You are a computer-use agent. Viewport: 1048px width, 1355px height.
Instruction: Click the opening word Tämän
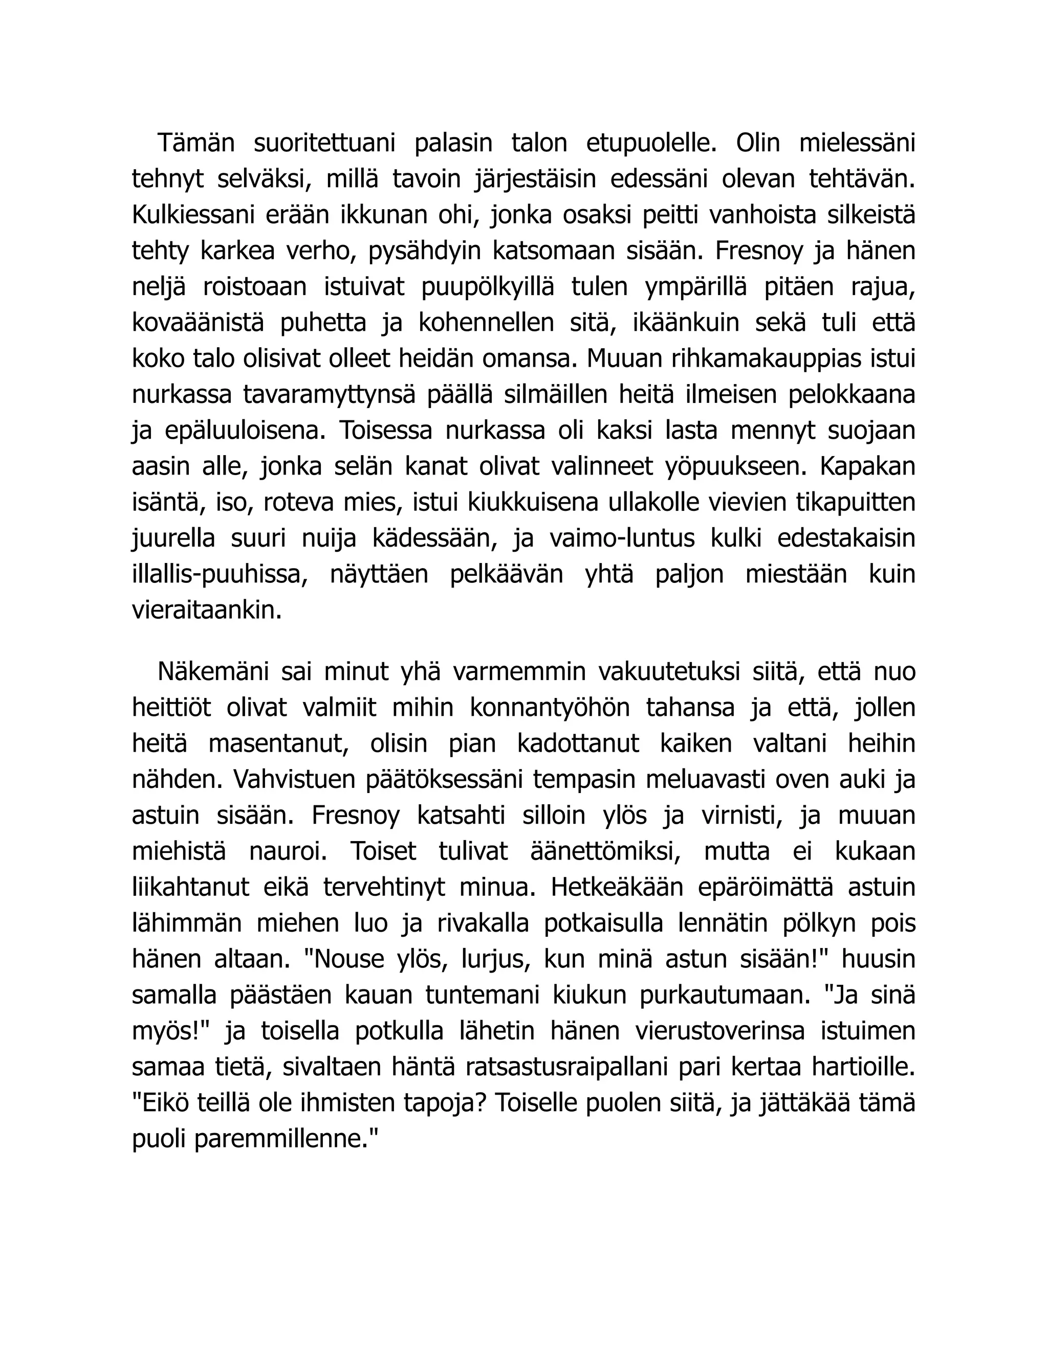(x=195, y=143)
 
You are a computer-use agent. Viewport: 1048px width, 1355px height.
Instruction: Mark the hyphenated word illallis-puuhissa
(x=220, y=575)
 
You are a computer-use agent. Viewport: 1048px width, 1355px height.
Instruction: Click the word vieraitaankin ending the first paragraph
(x=207, y=611)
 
